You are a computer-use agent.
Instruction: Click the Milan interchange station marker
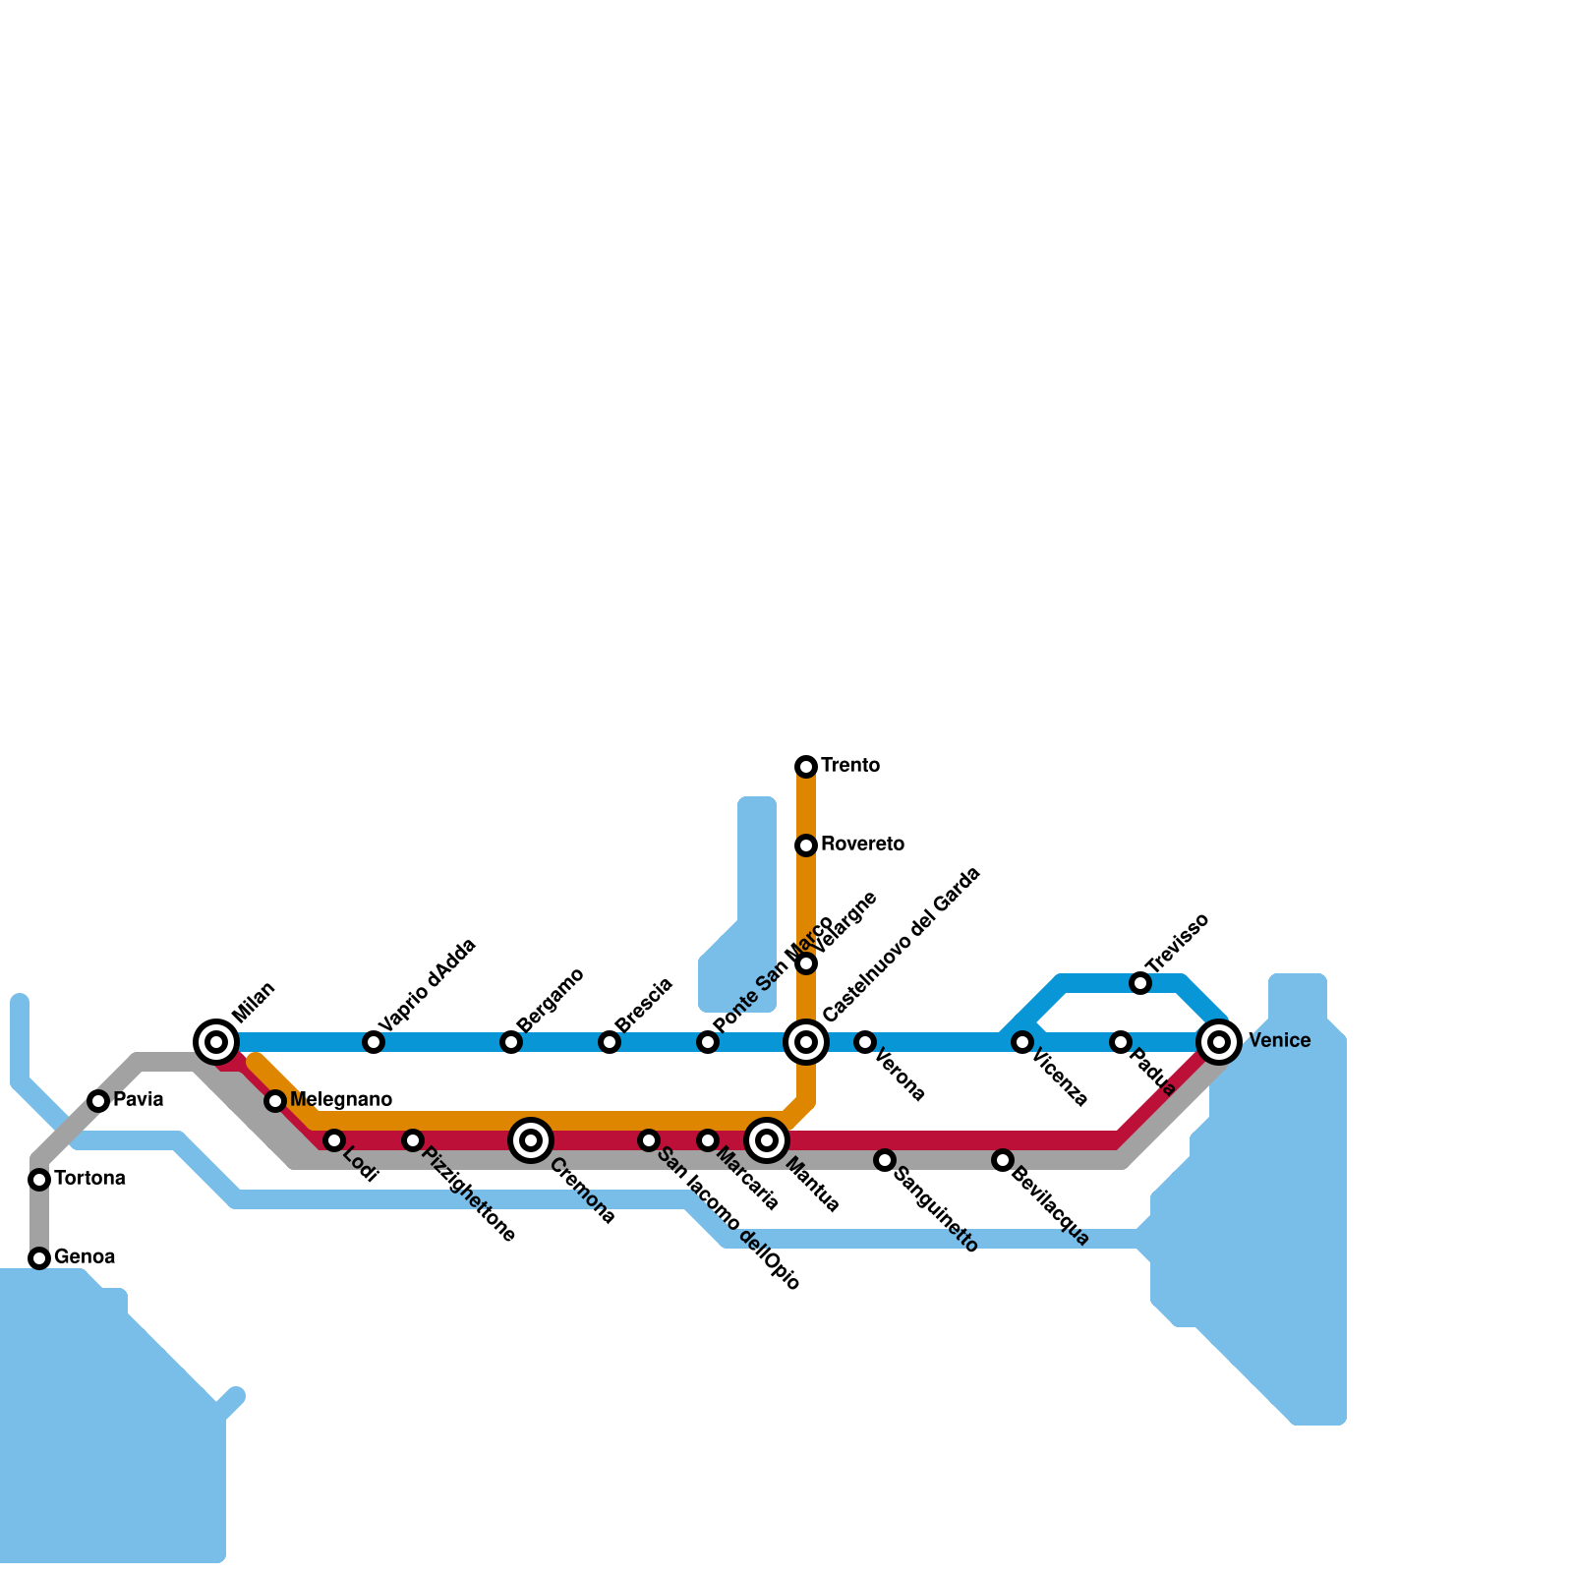click(216, 1042)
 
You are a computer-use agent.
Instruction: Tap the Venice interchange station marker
click(1219, 1042)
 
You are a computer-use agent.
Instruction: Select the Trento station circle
click(806, 767)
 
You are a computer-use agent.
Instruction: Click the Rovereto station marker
click(806, 845)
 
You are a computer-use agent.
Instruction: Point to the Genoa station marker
click(39, 1258)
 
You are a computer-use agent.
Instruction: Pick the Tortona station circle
click(39, 1180)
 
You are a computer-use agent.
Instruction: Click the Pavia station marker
click(98, 1101)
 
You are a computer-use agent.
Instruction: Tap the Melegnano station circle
click(275, 1101)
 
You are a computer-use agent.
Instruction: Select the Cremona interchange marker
click(531, 1140)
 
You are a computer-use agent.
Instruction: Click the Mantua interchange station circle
click(767, 1140)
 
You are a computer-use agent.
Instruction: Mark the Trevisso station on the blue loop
click(1140, 983)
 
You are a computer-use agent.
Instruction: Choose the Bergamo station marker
click(511, 1042)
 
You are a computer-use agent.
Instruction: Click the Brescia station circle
click(610, 1042)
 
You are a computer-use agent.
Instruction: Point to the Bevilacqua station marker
click(1003, 1160)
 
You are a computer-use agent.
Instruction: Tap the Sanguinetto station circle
click(885, 1160)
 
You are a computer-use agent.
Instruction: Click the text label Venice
click(1280, 1041)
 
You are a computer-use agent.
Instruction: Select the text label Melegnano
click(341, 1100)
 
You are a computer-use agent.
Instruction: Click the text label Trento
click(850, 766)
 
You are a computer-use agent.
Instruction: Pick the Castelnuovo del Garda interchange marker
click(806, 1042)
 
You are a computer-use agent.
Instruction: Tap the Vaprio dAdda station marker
click(374, 1042)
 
